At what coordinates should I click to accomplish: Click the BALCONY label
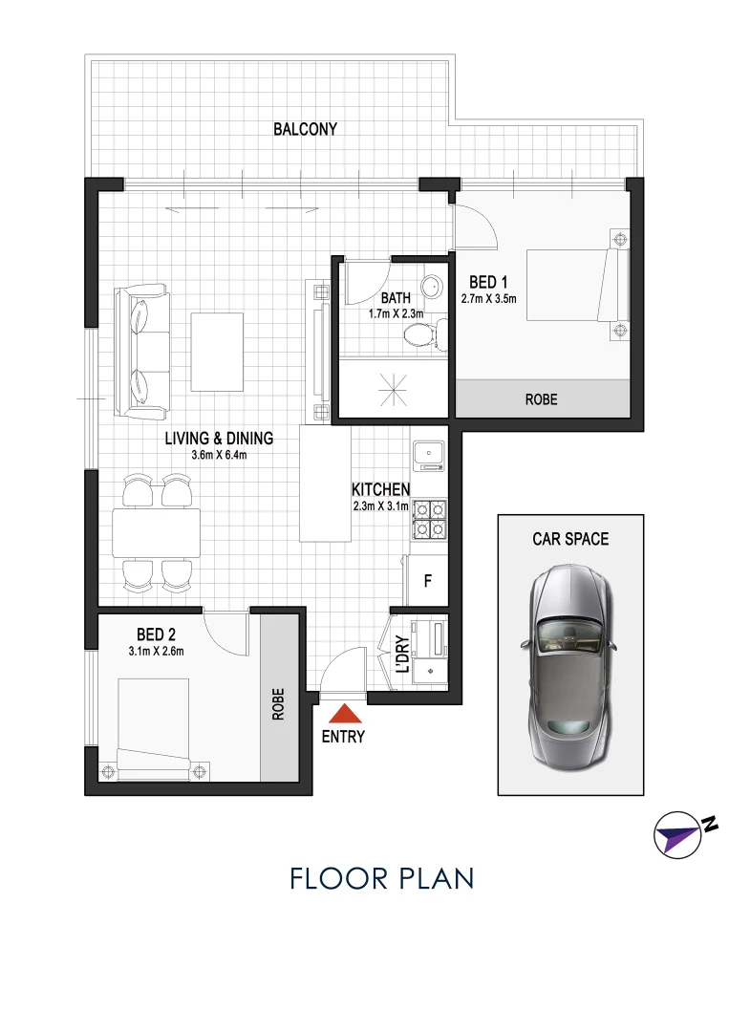click(305, 129)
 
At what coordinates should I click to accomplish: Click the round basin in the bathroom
click(433, 286)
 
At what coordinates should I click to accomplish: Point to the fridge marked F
click(428, 580)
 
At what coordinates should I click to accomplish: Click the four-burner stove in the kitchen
click(429, 519)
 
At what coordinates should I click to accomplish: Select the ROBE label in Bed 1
click(541, 399)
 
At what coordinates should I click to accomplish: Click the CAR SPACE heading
click(570, 539)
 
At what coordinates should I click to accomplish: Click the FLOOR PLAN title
click(381, 878)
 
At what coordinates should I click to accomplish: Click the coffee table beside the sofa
click(216, 342)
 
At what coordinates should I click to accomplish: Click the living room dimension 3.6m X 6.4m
click(219, 455)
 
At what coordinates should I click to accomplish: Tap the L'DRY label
click(401, 656)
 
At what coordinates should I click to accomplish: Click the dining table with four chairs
click(156, 533)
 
